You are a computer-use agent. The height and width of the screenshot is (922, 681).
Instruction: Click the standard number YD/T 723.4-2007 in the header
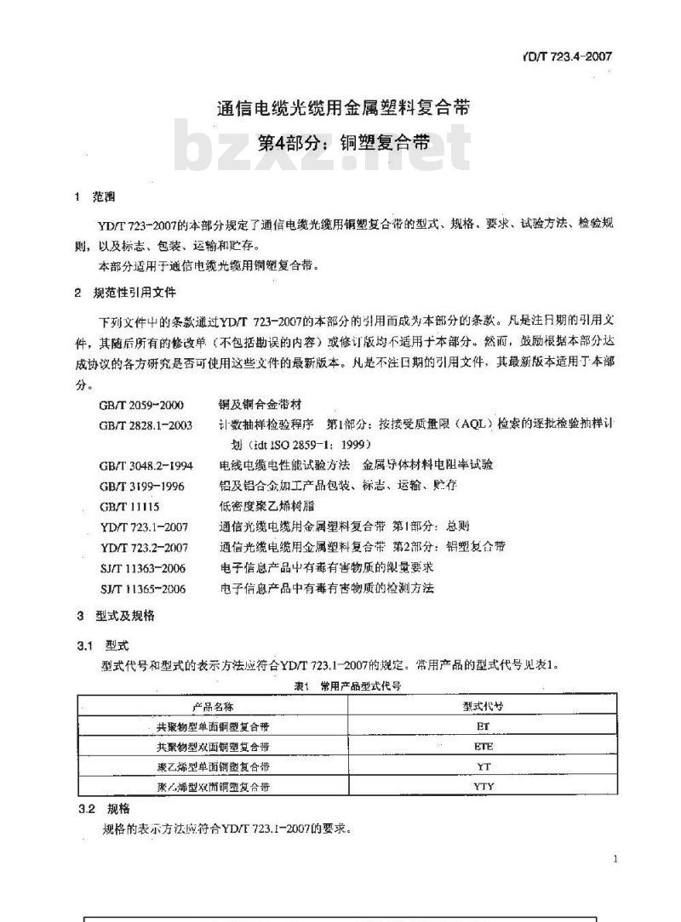(x=565, y=57)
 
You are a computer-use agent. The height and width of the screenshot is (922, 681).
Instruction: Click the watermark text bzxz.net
(x=322, y=150)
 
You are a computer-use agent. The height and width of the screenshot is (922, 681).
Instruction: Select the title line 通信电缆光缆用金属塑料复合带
(x=342, y=108)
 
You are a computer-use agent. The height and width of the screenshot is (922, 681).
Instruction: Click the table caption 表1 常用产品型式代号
(x=347, y=685)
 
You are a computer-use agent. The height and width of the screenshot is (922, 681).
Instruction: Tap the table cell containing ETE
(x=483, y=747)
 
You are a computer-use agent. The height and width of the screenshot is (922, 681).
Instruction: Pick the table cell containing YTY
(x=483, y=787)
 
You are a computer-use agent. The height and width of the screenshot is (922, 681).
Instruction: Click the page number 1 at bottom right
(x=615, y=859)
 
